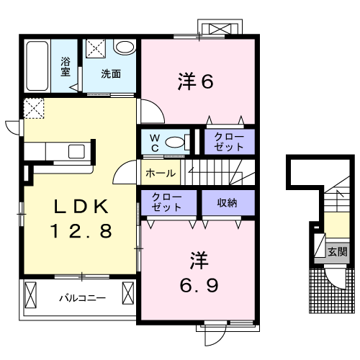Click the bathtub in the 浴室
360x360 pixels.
click(x=37, y=66)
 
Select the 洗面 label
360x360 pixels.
click(x=111, y=73)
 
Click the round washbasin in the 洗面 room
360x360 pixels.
click(x=125, y=47)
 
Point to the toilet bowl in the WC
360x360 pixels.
click(x=175, y=142)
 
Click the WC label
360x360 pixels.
click(x=155, y=143)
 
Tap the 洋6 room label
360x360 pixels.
click(x=195, y=81)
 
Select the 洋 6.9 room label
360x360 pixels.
click(x=199, y=272)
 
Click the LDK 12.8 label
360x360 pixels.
click(x=81, y=218)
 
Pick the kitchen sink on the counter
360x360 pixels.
click(x=76, y=151)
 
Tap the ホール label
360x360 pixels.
click(x=161, y=173)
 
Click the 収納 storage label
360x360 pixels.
click(x=227, y=203)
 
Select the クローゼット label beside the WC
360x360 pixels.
click(x=229, y=142)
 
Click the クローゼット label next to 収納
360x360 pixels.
click(x=166, y=202)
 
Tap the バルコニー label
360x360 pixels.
click(x=83, y=298)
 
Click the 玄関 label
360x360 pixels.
click(x=338, y=252)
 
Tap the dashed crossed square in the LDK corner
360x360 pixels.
click(x=34, y=108)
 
